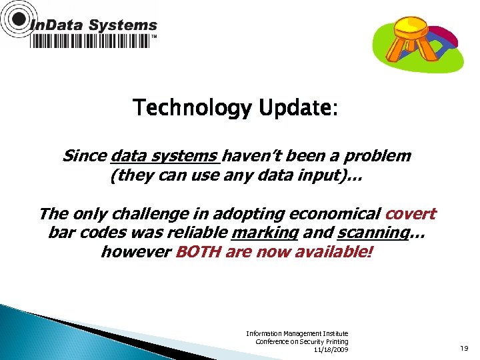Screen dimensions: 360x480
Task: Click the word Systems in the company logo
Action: click(x=123, y=26)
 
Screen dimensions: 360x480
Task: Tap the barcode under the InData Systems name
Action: click(x=91, y=41)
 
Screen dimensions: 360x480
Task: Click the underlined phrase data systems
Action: click(x=165, y=156)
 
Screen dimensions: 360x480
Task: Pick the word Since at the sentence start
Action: click(x=85, y=156)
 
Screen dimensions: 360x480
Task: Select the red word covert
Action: click(x=410, y=214)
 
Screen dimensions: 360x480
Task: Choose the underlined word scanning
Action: click(x=372, y=233)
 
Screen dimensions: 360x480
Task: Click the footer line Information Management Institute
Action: click(x=297, y=333)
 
